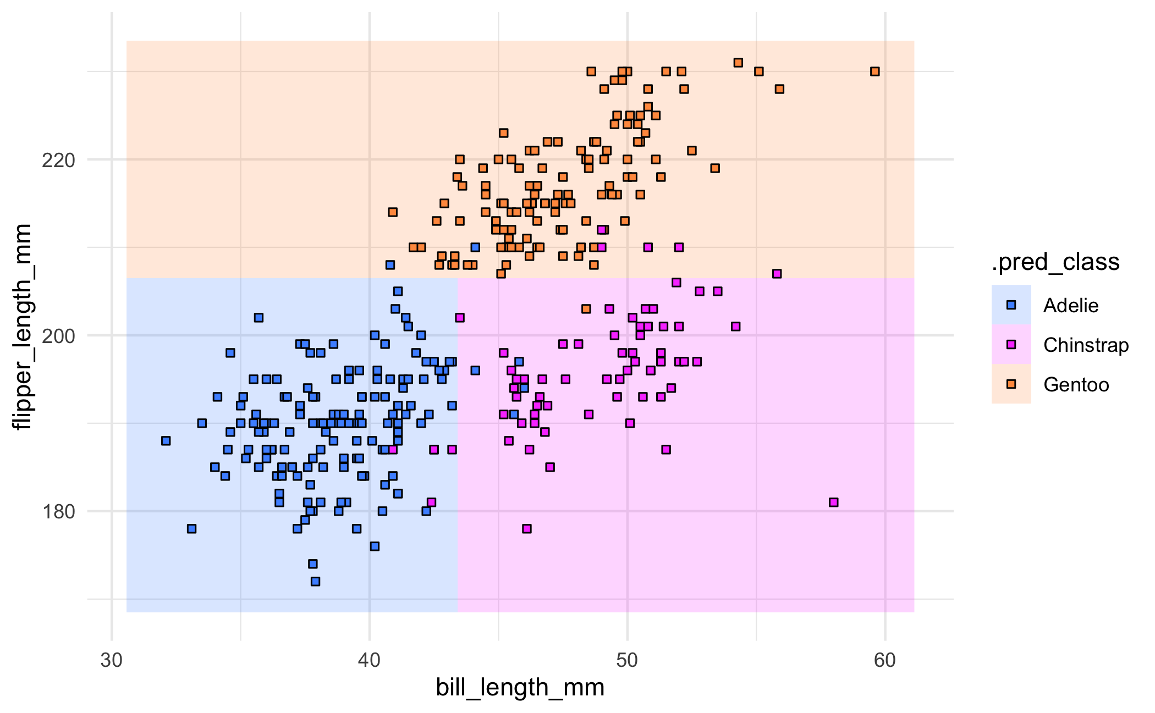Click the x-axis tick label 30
(x=112, y=660)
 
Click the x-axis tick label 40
(x=369, y=660)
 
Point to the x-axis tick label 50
(x=627, y=660)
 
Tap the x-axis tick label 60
(x=885, y=660)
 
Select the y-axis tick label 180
(x=59, y=512)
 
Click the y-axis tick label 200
(x=59, y=336)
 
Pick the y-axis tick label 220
(x=59, y=161)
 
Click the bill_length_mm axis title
(x=520, y=688)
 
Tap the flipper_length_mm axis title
(x=23, y=327)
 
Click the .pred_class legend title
(x=1055, y=262)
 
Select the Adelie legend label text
(x=1070, y=306)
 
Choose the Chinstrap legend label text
(x=1086, y=345)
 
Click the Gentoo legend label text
(x=1076, y=385)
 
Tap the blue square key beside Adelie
(x=1011, y=305)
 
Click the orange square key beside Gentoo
(x=1011, y=384)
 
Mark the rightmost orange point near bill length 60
(x=875, y=71)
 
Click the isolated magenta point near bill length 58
(x=834, y=502)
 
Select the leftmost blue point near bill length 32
(x=166, y=441)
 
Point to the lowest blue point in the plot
(x=315, y=582)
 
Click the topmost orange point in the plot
(x=739, y=63)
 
